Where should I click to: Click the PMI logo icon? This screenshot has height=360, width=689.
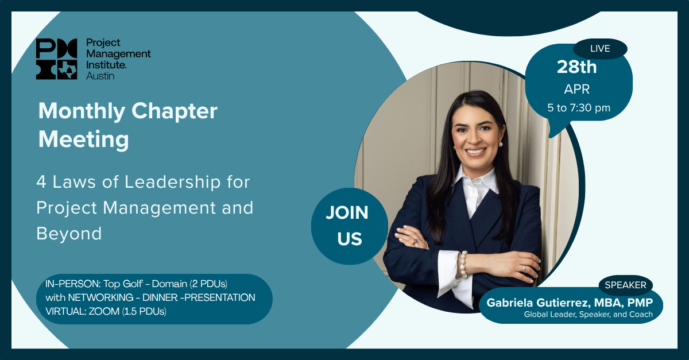pyautogui.click(x=57, y=59)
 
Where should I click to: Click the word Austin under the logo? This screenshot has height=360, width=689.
pyautogui.click(x=100, y=76)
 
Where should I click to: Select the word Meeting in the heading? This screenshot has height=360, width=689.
pyautogui.click(x=84, y=140)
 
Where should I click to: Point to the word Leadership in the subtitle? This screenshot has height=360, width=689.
pyautogui.click(x=173, y=181)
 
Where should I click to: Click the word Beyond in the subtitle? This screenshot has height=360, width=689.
pyautogui.click(x=69, y=234)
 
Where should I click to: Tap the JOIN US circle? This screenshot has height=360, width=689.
pyautogui.click(x=350, y=226)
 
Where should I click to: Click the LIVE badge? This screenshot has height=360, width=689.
pyautogui.click(x=600, y=49)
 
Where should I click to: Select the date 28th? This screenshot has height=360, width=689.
pyautogui.click(x=576, y=67)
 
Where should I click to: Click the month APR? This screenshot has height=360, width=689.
pyautogui.click(x=576, y=89)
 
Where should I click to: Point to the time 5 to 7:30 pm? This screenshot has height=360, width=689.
pyautogui.click(x=579, y=108)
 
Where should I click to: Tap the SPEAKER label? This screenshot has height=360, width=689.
pyautogui.click(x=626, y=285)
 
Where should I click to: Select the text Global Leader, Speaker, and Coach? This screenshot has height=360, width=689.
pyautogui.click(x=589, y=315)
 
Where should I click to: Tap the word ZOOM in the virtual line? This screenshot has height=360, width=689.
pyautogui.click(x=104, y=311)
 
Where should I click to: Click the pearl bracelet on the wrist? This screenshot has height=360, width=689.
pyautogui.click(x=463, y=265)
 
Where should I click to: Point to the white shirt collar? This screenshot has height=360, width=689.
pyautogui.click(x=475, y=181)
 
